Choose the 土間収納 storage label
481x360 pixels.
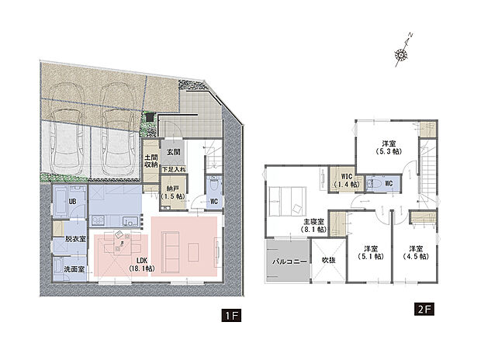click(x=151, y=161)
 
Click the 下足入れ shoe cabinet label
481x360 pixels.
click(x=174, y=168)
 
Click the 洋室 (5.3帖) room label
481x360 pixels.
click(x=389, y=147)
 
